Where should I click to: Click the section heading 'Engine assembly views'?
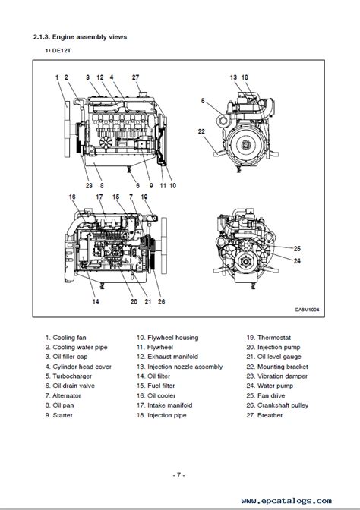(x=90, y=37)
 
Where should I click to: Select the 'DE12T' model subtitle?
(x=62, y=51)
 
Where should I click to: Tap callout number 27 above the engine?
(x=135, y=77)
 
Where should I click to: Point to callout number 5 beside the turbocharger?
(x=203, y=101)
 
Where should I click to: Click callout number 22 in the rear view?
(x=201, y=131)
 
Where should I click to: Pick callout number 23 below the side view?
(x=89, y=185)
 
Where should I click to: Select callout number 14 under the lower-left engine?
(x=96, y=301)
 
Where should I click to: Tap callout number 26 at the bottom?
(x=162, y=301)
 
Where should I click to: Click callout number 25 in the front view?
(x=297, y=248)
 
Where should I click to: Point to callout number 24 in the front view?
(x=297, y=261)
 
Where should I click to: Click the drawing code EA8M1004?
(x=308, y=310)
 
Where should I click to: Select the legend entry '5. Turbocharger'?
(x=68, y=376)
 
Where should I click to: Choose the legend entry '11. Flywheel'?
(x=155, y=347)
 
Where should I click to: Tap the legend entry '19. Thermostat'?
(x=269, y=338)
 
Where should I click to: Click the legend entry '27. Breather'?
(x=264, y=415)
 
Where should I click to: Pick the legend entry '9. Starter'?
(x=59, y=415)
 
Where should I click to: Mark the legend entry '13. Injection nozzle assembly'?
(x=180, y=367)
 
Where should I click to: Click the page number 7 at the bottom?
(x=178, y=475)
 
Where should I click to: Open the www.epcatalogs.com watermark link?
(x=286, y=501)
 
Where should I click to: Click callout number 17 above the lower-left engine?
(x=99, y=197)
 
